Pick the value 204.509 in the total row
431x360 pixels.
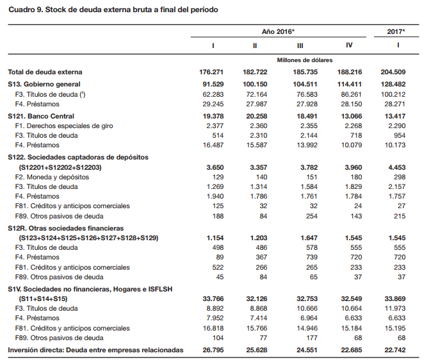pyautogui.click(x=394, y=72)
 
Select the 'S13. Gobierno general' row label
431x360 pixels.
pyautogui.click(x=44, y=84)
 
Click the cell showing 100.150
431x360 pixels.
pyautogui.click(x=255, y=84)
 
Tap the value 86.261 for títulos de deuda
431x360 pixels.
pyautogui.click(x=349, y=94)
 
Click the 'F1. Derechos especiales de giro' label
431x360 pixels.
pyautogui.click(x=63, y=126)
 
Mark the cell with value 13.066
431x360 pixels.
pyautogui.click(x=349, y=116)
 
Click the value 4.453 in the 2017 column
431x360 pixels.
pyautogui.click(x=396, y=167)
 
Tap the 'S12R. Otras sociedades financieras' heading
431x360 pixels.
pyautogui.click(x=66, y=227)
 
